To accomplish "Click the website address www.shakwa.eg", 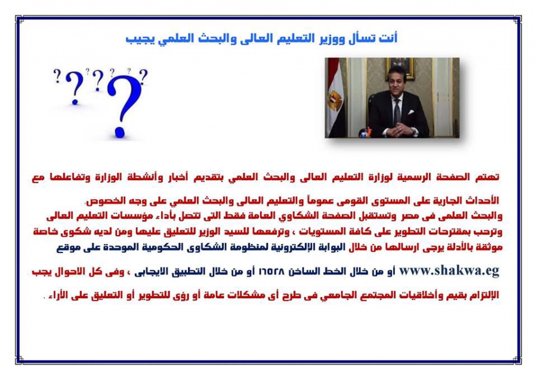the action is point(449,271).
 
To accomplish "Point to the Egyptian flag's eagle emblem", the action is point(334,101).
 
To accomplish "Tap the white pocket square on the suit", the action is point(411,112).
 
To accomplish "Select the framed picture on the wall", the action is point(399,67).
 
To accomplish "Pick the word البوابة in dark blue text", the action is point(331,247).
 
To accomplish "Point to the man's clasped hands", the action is point(399,129).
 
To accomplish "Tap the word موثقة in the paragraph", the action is point(488,247).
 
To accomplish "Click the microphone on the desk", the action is point(365,133).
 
